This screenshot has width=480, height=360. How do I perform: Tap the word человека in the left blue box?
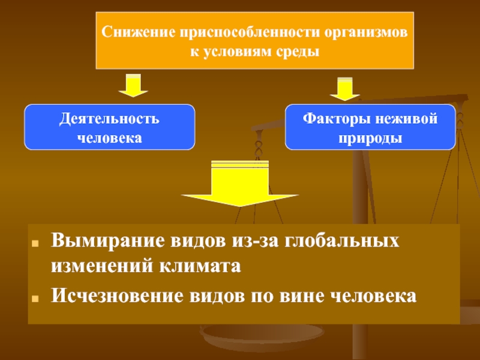click(109, 137)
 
